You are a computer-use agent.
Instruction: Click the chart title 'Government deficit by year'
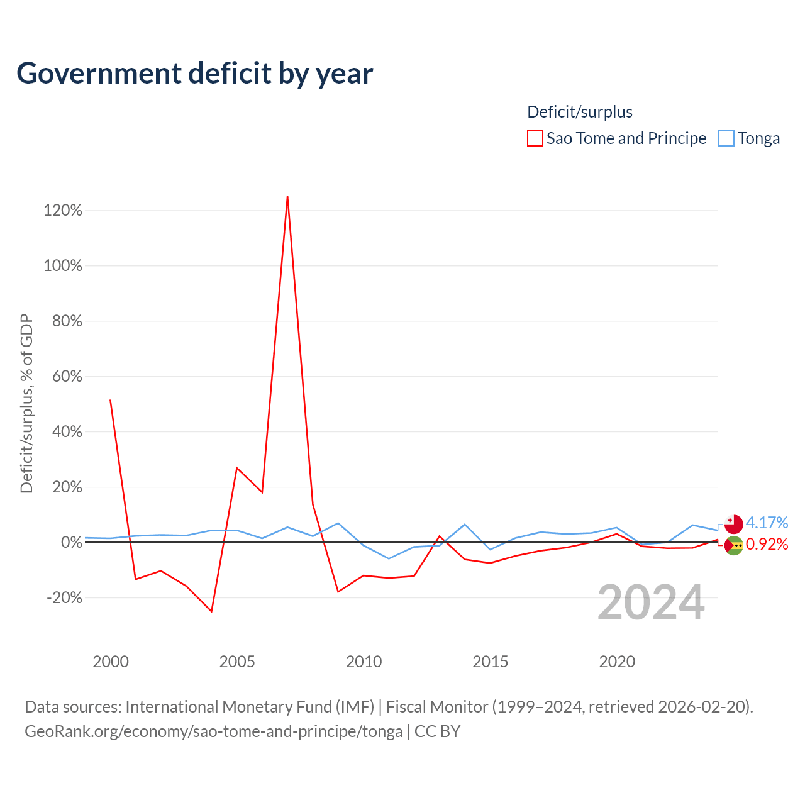tap(194, 74)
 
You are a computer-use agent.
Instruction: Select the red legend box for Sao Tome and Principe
tap(535, 138)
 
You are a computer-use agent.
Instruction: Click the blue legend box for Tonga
tap(726, 138)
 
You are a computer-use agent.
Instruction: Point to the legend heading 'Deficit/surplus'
tap(580, 112)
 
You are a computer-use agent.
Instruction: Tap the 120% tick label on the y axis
tap(63, 210)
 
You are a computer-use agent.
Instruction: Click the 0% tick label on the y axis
tap(72, 542)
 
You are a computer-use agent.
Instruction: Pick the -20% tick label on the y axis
tap(64, 598)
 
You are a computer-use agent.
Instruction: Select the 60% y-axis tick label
tap(67, 376)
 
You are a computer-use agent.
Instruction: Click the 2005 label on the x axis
tap(237, 662)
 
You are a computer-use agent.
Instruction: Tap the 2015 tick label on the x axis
tap(490, 662)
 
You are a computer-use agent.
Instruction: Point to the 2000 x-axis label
tap(111, 662)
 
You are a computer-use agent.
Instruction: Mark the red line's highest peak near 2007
tap(287, 196)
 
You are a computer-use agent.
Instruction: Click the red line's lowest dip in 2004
tap(211, 611)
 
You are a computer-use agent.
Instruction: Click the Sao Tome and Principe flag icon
tap(733, 546)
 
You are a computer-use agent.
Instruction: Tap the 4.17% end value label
tap(767, 523)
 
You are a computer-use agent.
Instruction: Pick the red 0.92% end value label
tap(767, 545)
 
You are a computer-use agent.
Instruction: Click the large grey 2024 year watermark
tap(652, 602)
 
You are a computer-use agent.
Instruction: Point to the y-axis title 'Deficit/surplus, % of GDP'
tap(26, 404)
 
